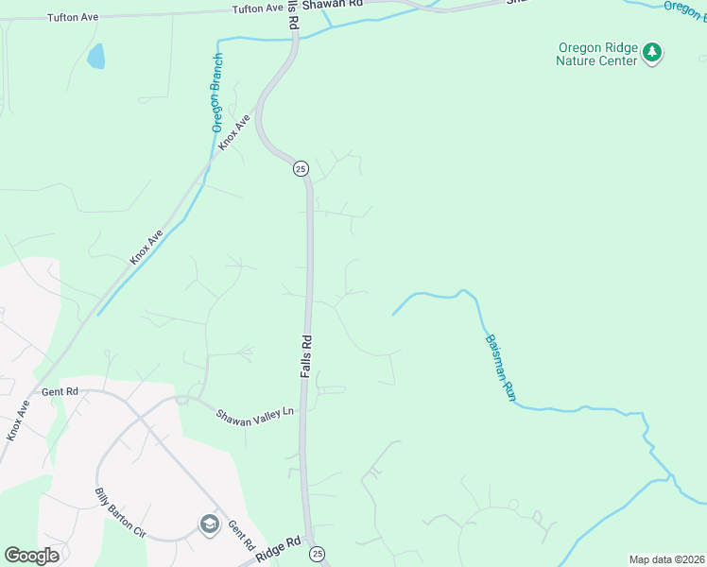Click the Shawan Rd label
(x=334, y=5)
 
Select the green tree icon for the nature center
(x=652, y=53)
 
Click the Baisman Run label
(x=499, y=369)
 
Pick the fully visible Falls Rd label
(x=306, y=356)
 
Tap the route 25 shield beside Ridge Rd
(x=317, y=553)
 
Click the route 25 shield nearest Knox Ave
(x=300, y=168)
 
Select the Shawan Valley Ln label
(x=255, y=414)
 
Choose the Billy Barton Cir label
(x=120, y=514)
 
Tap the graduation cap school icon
(x=209, y=524)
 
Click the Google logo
(x=31, y=556)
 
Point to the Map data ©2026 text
(x=666, y=559)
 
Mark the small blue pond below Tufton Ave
(x=95, y=58)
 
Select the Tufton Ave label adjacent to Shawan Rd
(x=258, y=9)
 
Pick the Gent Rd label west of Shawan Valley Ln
(x=60, y=391)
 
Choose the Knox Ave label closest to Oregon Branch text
(x=233, y=132)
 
